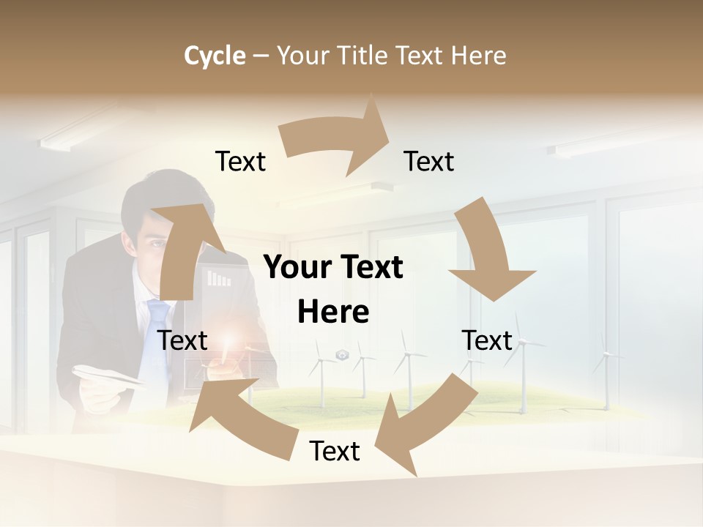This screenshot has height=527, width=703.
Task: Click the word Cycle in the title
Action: (x=215, y=56)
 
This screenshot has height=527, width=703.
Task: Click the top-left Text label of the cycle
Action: (x=240, y=161)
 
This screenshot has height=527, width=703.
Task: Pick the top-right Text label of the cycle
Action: (x=429, y=161)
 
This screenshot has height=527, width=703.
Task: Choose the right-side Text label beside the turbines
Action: (x=487, y=340)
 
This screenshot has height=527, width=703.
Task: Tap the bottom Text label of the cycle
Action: (x=335, y=451)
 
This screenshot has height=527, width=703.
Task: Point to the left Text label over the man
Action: (x=182, y=340)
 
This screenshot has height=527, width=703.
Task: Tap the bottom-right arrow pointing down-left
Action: (x=425, y=425)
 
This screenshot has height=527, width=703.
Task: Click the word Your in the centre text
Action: (x=296, y=268)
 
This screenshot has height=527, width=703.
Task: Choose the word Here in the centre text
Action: (x=333, y=312)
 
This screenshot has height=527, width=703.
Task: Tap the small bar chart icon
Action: (x=219, y=278)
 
